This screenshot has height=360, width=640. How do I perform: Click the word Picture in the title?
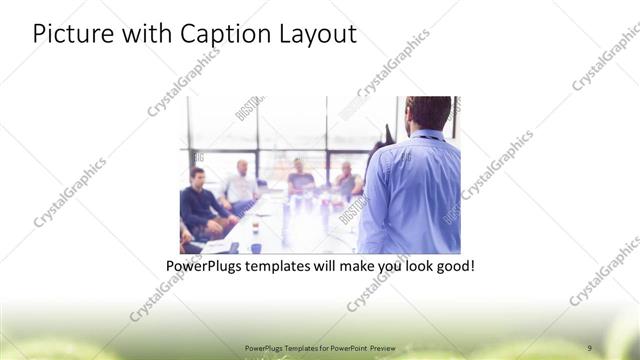[x=68, y=34]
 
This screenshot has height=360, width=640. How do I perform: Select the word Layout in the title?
[x=315, y=34]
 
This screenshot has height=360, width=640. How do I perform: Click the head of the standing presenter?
[x=429, y=113]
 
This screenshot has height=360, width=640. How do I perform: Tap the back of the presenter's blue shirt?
[x=412, y=195]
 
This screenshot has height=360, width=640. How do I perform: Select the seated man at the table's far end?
[x=300, y=177]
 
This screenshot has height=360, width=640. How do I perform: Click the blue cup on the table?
[x=256, y=247]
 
